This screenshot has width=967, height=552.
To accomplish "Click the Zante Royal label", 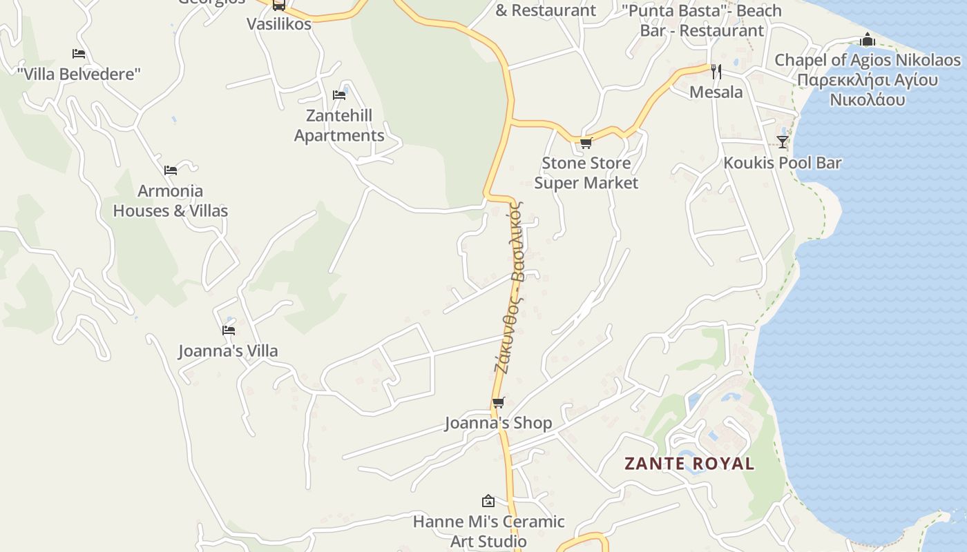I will pos(689,464).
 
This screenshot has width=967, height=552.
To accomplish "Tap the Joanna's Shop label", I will pos(498,423).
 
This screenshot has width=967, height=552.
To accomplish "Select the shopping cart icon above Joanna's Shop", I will pos(498,403).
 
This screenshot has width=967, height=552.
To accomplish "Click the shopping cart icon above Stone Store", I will pos(586,144).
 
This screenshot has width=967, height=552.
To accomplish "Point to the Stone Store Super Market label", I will pos(586,172).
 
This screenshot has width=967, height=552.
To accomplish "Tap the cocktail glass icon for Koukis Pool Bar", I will pos(782,142).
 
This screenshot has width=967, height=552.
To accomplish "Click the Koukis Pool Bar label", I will pos(782,163).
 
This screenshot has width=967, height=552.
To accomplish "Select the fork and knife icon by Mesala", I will pos(716,71).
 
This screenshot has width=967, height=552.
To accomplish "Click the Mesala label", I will pos(716,92).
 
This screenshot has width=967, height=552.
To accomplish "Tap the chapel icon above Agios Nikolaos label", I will pos(868,40).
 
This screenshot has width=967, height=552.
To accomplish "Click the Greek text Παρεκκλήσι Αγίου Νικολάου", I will pos(868,90).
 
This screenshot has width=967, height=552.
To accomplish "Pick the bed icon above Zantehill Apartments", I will pos(338,95).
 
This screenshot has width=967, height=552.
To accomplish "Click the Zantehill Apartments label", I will pos(338,125).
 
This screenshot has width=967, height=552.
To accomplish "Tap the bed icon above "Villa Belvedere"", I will pos(79,54).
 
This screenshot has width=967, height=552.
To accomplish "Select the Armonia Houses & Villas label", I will pos(171,200).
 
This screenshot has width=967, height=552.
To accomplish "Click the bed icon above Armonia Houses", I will pos(171,170).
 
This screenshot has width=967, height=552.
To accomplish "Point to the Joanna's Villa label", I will pos(228,351).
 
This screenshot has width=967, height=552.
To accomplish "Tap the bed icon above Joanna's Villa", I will pos(229,331).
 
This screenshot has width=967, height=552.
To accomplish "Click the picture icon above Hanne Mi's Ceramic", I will pos(488,501).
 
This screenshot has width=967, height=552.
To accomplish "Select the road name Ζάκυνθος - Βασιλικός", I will pos(509,286).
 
